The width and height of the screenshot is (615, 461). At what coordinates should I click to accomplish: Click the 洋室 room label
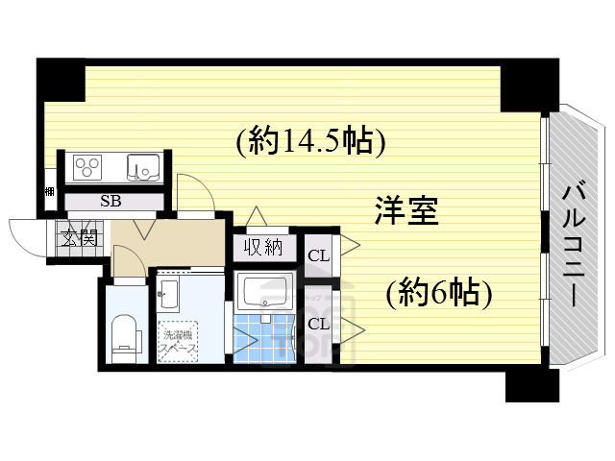(x=406, y=210)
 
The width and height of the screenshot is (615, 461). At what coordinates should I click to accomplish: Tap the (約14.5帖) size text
(x=311, y=141)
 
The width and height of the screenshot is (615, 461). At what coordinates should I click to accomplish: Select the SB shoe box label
(x=111, y=202)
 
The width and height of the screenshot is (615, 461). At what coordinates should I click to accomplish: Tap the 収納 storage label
(x=261, y=247)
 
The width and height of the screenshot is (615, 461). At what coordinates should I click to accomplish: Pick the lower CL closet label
(x=319, y=323)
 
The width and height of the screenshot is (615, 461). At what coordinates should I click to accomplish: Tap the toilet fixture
(x=124, y=335)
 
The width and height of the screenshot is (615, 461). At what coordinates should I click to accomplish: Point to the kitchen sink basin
(x=144, y=167)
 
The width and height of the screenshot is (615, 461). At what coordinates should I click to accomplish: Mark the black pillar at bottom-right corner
(x=530, y=384)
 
